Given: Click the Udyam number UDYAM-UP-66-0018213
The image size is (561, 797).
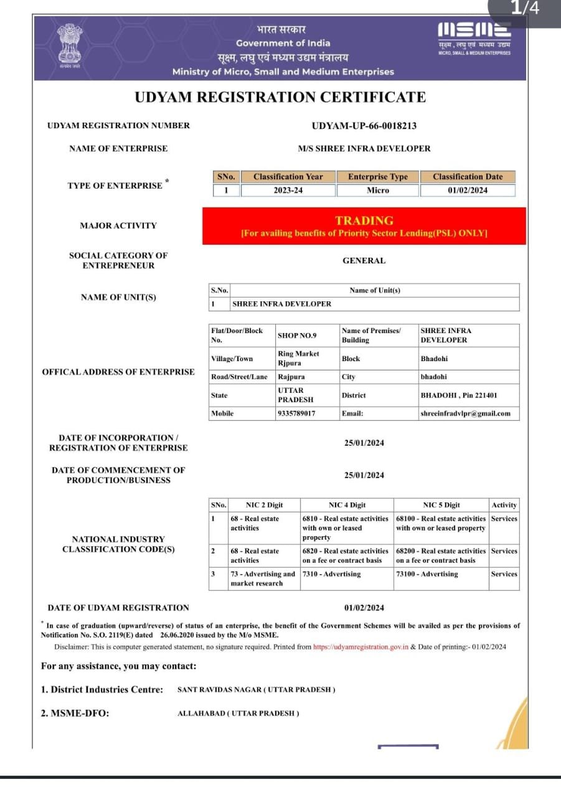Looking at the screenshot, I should coord(364,126).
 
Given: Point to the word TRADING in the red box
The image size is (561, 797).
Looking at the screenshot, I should coord(364,220).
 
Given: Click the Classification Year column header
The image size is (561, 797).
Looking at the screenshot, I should coord(288,177).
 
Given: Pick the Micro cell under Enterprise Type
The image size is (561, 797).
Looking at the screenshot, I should coord(377,191).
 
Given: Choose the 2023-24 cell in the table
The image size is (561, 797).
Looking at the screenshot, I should coord(288,191).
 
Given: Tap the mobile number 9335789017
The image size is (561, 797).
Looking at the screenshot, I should coord(296,413).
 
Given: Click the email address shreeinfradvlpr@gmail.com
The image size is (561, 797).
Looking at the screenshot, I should coord(465,413).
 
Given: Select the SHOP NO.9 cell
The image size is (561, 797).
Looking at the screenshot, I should coord(297,336).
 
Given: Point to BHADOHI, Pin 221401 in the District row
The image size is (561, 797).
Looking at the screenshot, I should coord(459,395).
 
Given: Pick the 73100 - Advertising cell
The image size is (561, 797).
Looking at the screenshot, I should coord(427,574).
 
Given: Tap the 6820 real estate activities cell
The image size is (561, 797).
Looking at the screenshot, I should coord(346,555).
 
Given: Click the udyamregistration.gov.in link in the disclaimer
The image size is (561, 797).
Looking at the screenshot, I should coord(361,647).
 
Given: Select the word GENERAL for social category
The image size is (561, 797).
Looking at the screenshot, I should coord(364,261).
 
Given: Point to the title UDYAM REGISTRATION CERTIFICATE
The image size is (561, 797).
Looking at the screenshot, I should coord(280,97).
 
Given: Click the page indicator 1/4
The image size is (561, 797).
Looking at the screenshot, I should coord(524,8).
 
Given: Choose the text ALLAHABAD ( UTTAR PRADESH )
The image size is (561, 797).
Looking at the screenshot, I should coord(238,714).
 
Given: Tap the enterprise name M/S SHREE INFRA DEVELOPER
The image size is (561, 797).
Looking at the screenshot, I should coord(364,149).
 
